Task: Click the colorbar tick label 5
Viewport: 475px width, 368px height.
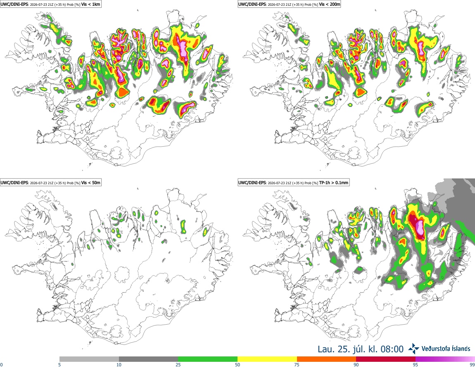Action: (59, 365)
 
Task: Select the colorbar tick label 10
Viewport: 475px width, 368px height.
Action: (119, 365)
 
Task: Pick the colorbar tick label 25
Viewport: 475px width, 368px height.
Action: (178, 365)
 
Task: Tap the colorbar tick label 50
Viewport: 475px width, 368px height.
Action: (237, 365)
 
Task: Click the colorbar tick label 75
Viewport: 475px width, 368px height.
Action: (297, 365)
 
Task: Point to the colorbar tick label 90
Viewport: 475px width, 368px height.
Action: (356, 365)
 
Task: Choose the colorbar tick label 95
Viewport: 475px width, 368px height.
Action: (416, 365)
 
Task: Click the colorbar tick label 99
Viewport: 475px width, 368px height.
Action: (472, 365)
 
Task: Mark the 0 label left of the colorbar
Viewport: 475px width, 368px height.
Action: (2, 365)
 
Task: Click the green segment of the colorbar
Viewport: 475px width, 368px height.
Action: (208, 359)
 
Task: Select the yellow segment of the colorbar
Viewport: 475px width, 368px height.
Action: (267, 359)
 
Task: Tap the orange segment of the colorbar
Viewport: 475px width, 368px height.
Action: (326, 359)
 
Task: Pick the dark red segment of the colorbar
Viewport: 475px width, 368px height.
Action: (386, 359)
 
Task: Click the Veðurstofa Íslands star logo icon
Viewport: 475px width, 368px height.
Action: (414, 349)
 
